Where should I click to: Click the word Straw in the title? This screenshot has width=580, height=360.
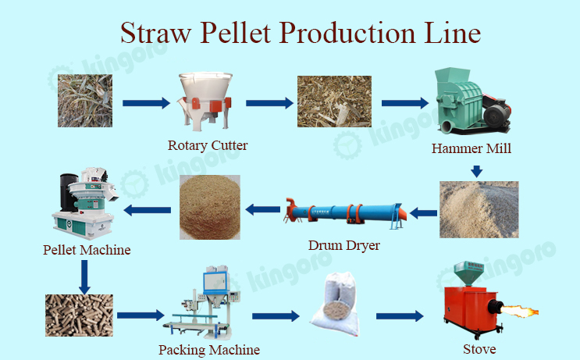156,33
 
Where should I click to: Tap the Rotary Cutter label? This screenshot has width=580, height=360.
208,145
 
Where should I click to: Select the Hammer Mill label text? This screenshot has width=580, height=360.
471,148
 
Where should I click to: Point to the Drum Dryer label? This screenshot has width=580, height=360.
344,245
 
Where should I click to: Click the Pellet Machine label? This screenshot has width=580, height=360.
87,250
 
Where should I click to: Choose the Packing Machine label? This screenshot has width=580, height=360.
209,350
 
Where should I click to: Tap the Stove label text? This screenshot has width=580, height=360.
479,349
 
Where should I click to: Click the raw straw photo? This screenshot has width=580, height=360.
85,101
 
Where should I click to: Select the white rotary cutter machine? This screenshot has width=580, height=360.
205,101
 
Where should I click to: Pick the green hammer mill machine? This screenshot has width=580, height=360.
472,101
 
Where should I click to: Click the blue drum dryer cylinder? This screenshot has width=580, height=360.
345,214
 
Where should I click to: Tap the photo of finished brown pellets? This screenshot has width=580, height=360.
79,315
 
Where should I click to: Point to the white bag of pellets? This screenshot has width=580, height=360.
336,304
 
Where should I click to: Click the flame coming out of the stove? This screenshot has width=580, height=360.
519,311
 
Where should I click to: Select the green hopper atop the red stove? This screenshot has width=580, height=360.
468,273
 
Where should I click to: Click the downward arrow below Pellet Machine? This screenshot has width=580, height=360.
85,276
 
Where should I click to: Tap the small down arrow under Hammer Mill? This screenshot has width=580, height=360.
476,171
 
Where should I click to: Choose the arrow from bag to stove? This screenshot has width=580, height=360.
400,316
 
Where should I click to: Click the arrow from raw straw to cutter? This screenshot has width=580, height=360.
147,103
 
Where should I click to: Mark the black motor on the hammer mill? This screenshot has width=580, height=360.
496,113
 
